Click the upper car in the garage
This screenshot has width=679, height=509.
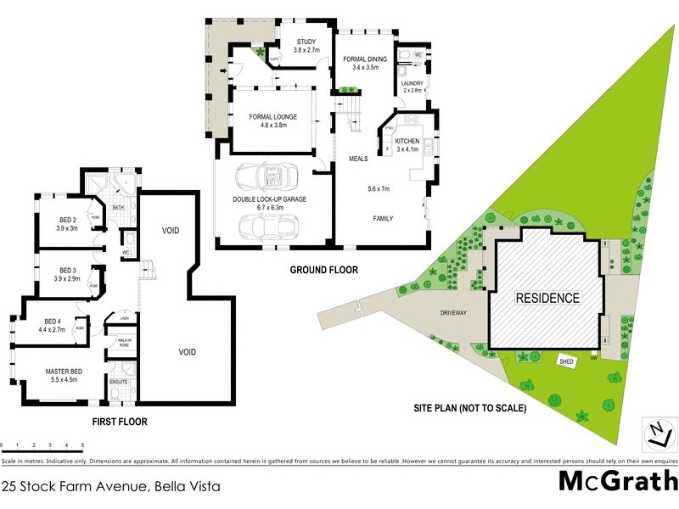(x=265, y=176)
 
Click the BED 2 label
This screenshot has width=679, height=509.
(x=55, y=223)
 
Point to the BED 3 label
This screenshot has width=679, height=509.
(x=55, y=274)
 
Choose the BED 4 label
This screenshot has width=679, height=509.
(x=53, y=325)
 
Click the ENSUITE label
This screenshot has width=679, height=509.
(x=119, y=383)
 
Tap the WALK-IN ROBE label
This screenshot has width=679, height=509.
(x=118, y=343)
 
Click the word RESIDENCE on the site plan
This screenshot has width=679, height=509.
(x=548, y=298)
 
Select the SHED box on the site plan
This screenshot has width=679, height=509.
(x=567, y=361)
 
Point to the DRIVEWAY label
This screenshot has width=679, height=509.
(x=453, y=312)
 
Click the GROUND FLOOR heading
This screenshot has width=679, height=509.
(x=324, y=270)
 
